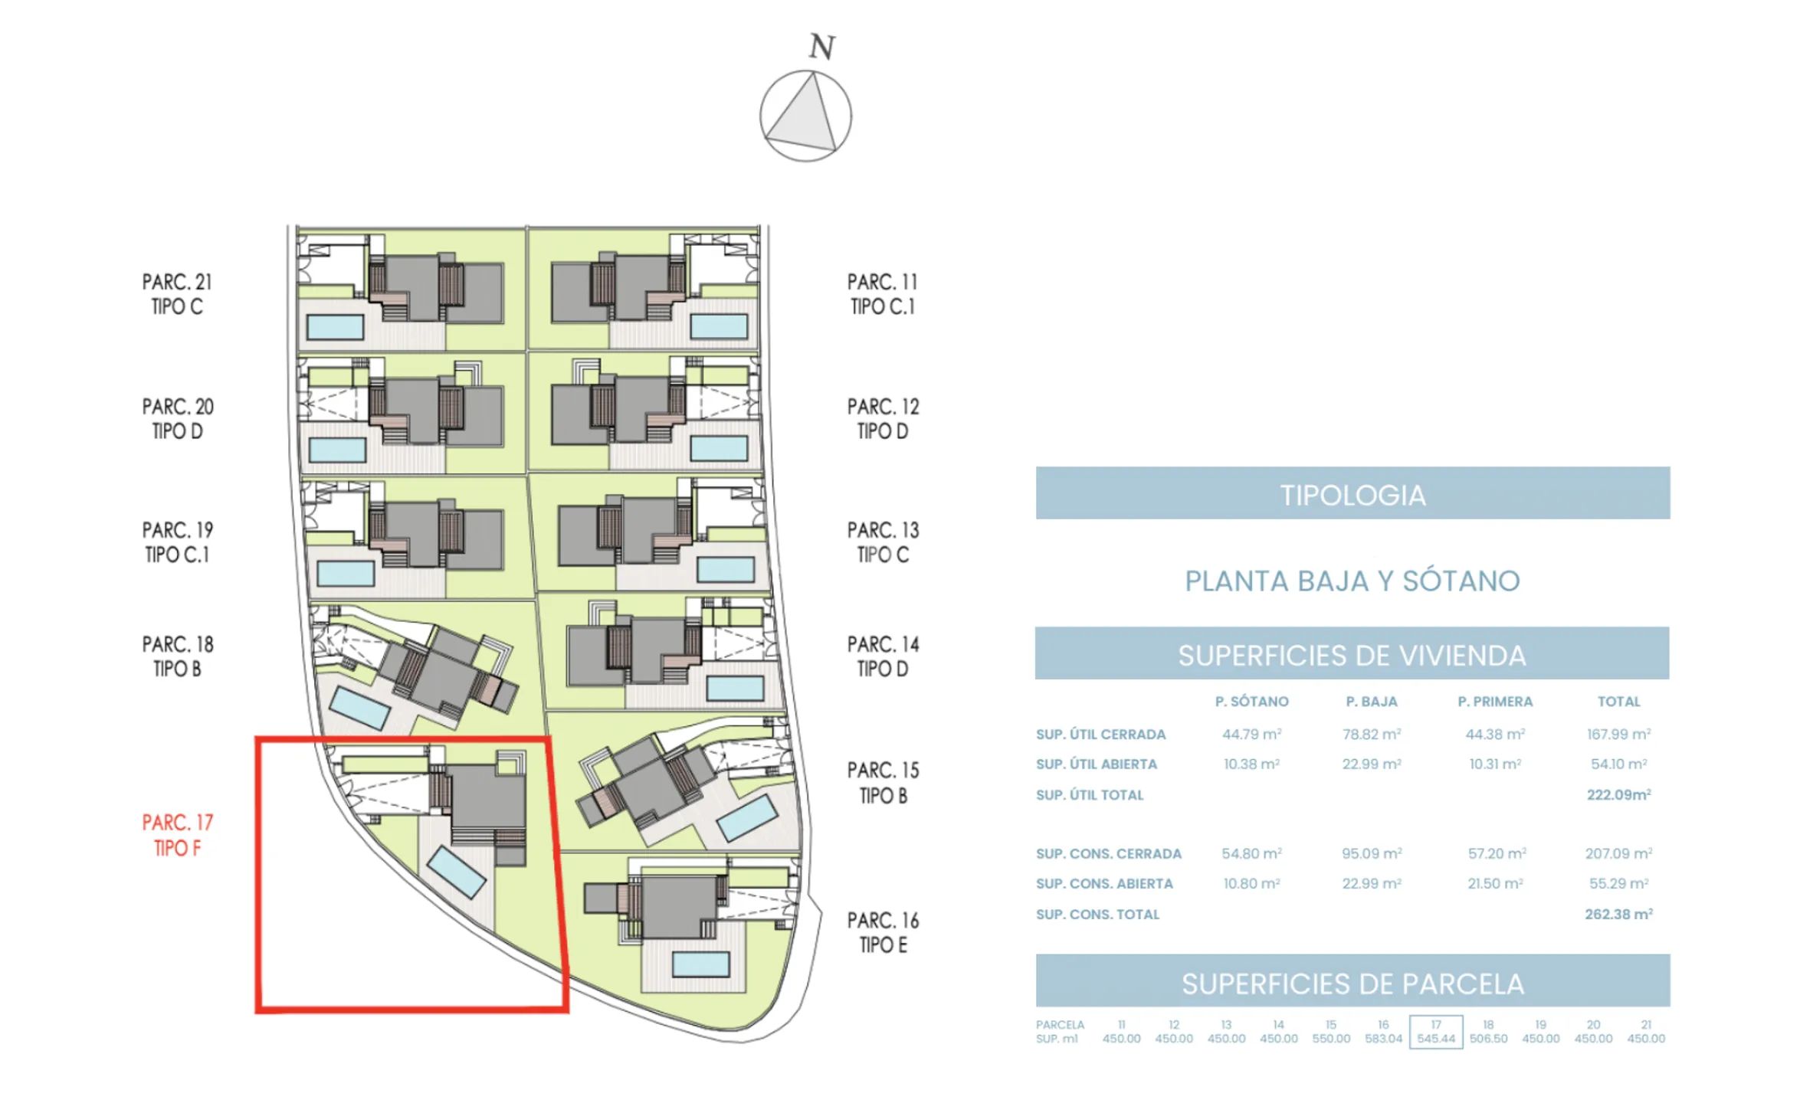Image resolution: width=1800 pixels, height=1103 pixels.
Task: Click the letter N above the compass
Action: [821, 47]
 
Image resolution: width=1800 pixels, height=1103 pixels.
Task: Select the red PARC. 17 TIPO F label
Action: [178, 835]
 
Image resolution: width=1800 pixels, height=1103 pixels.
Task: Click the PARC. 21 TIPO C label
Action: [178, 294]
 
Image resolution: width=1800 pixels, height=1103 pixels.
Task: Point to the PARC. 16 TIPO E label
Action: [883, 932]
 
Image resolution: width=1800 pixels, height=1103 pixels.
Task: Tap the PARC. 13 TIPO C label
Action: [883, 542]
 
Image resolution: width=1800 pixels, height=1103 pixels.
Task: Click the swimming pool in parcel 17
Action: [457, 872]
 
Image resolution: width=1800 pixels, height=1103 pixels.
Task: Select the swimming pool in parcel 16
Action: [700, 964]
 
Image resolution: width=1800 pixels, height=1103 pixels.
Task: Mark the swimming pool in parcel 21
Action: [335, 327]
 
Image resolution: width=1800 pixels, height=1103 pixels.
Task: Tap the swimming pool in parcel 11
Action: [719, 326]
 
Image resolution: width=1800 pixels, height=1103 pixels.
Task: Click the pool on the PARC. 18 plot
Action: [359, 708]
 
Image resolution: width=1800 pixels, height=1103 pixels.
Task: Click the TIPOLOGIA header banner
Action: [1352, 493]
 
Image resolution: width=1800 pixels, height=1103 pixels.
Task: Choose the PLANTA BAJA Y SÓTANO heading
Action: [1352, 581]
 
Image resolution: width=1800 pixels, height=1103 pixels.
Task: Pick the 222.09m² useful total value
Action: [1618, 794]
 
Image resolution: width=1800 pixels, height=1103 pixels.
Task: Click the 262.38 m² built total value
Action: [1618, 914]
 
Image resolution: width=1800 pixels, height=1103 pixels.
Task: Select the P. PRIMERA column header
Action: [1495, 702]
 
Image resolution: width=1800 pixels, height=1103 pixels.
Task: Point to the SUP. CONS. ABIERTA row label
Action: [1104, 884]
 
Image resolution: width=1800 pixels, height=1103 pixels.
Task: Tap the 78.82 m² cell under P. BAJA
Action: [1372, 735]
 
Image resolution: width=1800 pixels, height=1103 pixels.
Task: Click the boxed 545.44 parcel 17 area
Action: [1436, 1032]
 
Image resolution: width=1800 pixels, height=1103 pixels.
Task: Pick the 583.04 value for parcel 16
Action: [1383, 1039]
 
